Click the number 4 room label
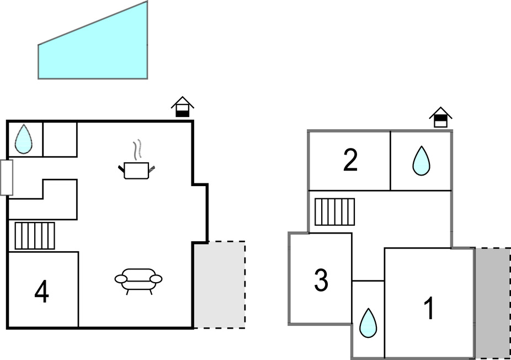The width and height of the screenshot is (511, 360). (x=41, y=292)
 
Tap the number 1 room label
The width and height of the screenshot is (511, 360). (x=429, y=309)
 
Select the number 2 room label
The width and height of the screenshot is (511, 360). (x=350, y=161)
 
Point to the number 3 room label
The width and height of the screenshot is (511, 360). (x=321, y=280)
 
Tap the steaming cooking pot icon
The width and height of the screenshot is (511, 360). (x=136, y=169)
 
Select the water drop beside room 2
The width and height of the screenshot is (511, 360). (x=421, y=161)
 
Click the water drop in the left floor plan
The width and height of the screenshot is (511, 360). (x=23, y=139)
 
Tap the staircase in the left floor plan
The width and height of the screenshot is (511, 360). (x=34, y=236)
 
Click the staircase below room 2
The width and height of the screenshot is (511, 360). (x=334, y=211)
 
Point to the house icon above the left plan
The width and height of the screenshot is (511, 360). (x=182, y=107)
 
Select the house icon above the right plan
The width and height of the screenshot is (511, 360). (x=440, y=117)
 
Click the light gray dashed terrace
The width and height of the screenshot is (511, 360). (x=220, y=285)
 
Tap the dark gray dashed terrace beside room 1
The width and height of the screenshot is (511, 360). (x=492, y=303)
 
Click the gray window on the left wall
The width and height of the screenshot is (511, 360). (x=7, y=177)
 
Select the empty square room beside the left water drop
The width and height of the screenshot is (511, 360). (x=60, y=139)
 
